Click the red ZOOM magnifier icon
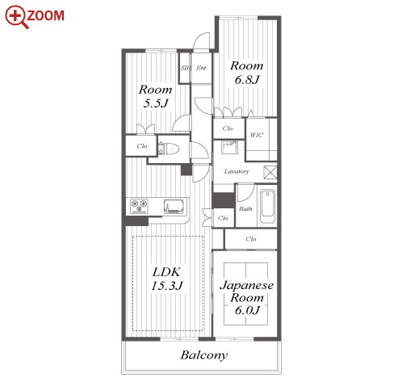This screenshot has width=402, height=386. click(17, 17)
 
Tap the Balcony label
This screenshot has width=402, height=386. click(204, 355)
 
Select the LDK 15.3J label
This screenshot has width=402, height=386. click(167, 279)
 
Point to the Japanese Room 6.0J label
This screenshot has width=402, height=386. click(246, 297)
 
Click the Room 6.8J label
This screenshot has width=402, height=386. click(246, 73)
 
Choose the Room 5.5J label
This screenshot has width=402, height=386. click(155, 96)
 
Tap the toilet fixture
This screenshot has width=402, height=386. click(169, 149)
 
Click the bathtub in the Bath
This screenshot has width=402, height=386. click(268, 206)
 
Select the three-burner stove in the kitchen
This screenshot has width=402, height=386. click(139, 206)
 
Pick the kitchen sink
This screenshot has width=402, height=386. click(174, 207)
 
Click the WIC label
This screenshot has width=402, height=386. click(257, 135)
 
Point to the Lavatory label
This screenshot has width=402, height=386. click(237, 171)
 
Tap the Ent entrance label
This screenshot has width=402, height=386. click(201, 68)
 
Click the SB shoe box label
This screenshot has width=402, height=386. click(185, 68)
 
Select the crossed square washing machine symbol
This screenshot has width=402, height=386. click(270, 173)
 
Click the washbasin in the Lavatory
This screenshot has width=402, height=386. click(229, 147)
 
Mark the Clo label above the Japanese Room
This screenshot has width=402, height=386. click(251, 239)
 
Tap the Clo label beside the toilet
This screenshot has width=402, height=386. click(142, 146)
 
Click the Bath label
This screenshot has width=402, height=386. click(245, 208)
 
